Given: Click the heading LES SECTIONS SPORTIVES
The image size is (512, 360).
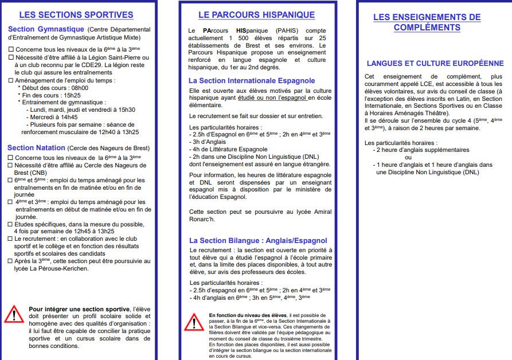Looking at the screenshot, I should tap(76, 15).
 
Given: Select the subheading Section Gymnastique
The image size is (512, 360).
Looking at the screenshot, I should tap(46, 29).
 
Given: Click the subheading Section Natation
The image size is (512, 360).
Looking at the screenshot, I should tap(36, 148).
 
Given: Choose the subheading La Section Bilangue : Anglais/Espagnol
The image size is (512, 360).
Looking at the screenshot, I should tap(258, 241).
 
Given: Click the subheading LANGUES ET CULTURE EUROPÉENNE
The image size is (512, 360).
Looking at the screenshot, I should tap(435, 64).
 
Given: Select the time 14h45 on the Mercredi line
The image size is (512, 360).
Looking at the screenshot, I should tap(68, 116).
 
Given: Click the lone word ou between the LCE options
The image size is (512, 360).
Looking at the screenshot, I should tap(408, 157).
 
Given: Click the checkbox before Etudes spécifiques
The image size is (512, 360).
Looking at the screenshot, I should tap(11, 224).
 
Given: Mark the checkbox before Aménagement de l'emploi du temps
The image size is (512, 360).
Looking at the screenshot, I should tap(11, 80).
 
